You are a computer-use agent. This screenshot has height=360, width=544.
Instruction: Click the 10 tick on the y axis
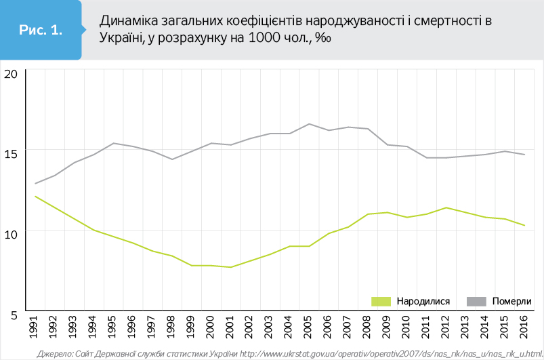click(x=10, y=235)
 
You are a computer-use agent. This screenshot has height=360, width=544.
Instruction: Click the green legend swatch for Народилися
click(x=381, y=300)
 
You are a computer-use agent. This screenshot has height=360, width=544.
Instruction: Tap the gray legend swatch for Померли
click(x=476, y=300)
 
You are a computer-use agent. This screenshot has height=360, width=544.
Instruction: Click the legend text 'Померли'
click(x=511, y=301)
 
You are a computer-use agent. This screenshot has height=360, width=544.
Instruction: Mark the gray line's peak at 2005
click(x=309, y=124)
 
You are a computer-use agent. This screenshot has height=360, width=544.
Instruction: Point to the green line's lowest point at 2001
click(x=231, y=267)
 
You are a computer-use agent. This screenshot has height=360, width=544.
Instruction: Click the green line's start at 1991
click(x=35, y=197)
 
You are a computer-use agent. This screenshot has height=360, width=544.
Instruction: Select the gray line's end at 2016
click(x=524, y=155)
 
